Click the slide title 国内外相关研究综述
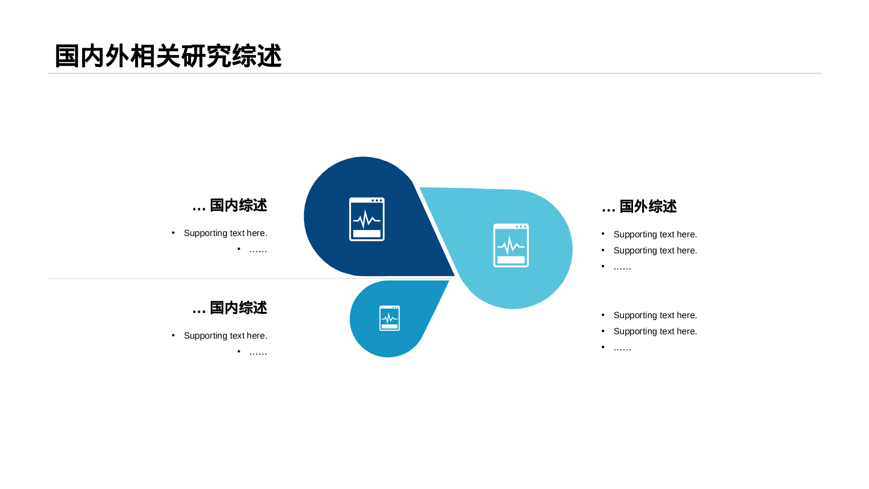[168, 56]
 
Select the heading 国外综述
[648, 206]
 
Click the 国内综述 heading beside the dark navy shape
[239, 205]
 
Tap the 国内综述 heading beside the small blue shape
[239, 308]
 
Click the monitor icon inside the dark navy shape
[367, 219]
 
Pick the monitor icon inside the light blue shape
[511, 245]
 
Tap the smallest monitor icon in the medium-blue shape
[389, 318]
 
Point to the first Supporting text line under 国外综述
[655, 234]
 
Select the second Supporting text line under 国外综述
[655, 250]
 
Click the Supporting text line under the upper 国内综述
[226, 233]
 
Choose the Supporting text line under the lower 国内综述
[226, 336]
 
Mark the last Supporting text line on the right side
[655, 331]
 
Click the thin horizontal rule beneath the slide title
[434, 73]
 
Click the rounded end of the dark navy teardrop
[305, 216]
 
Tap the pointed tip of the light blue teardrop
[420, 188]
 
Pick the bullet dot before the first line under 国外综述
[603, 234]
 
